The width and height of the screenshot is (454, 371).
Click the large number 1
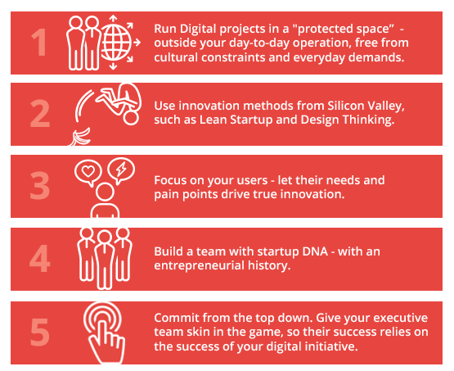click(x=39, y=43)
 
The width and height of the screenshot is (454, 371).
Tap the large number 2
click(x=40, y=114)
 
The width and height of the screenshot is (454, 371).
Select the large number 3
click(x=40, y=185)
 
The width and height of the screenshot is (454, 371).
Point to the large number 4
click(x=40, y=258)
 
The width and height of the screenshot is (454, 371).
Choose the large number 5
click(x=40, y=332)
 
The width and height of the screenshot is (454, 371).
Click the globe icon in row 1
click(x=116, y=43)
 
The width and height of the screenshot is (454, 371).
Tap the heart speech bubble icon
click(x=88, y=172)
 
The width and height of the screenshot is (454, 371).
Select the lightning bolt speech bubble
click(x=121, y=170)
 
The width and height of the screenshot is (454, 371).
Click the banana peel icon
click(x=79, y=138)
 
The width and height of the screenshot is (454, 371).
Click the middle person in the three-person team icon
click(x=104, y=260)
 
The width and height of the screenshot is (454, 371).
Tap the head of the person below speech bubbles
click(x=105, y=192)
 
